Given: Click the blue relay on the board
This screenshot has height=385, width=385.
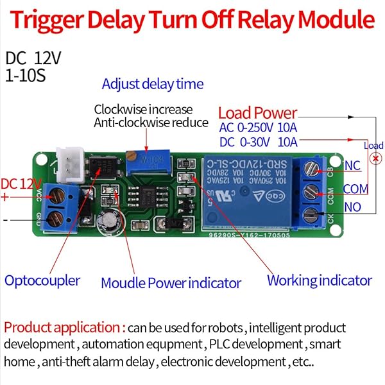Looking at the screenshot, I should pos(246,191).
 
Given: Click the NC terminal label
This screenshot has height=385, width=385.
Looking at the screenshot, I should pos(352,166).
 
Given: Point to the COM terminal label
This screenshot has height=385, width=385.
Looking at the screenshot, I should pos(355,189).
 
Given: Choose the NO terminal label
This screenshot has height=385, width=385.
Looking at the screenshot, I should pos(352,207).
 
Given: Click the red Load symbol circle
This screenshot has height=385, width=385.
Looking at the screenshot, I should pos(373,158).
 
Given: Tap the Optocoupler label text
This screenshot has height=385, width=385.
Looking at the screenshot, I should pos(42,280).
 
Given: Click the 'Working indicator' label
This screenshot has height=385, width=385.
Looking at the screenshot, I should pos(319,280).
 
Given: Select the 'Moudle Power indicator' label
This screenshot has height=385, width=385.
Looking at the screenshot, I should pos(171,282).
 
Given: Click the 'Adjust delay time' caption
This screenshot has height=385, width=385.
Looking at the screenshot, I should pos(153,84).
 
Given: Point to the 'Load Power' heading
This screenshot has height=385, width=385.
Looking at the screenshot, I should pos(257,113).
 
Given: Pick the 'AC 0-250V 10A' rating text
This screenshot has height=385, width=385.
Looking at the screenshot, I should pos(259,128).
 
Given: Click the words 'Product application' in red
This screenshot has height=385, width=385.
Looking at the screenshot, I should pos(63,328).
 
